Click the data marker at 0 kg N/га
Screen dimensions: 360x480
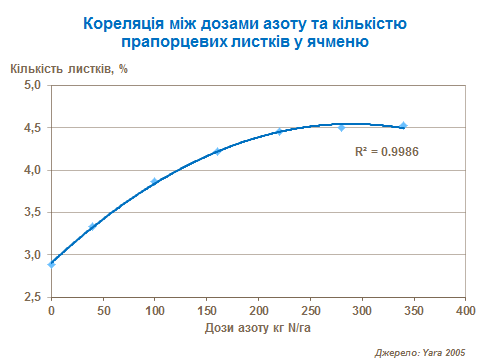tap(51, 264)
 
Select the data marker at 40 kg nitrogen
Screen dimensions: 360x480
tap(92, 227)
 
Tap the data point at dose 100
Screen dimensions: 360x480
tap(154, 182)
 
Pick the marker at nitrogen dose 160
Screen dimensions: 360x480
tap(216, 151)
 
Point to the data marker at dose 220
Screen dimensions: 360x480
tap(279, 131)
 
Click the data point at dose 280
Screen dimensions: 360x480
tap(341, 128)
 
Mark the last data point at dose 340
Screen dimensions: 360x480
tap(403, 126)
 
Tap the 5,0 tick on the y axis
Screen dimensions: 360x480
tap(33, 86)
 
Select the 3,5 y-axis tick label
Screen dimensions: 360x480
tap(33, 213)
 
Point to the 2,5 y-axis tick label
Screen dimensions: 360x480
tap(33, 297)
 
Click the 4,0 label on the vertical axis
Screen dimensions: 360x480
tap(33, 171)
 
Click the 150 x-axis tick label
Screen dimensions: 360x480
tap(206, 311)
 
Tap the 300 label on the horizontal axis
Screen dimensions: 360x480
tap(361, 311)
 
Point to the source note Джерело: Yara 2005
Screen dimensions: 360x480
tap(420, 352)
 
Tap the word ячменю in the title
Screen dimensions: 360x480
tap(337, 42)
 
